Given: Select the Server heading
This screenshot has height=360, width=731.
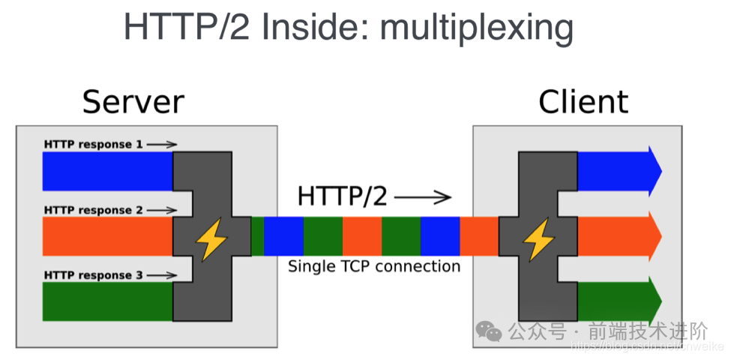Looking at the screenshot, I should coord(133,102).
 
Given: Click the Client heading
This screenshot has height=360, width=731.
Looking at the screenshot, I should coord(583,102).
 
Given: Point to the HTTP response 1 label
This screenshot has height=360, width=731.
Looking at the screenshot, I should coord(93,144).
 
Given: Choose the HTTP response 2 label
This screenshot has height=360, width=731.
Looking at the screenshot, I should coord(93,210).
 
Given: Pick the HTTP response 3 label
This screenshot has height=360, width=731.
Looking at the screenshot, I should coord(93,275).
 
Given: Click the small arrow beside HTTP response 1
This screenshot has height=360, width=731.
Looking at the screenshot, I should coord(162,144).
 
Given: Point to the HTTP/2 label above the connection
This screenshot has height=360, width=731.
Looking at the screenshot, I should coord(343,196).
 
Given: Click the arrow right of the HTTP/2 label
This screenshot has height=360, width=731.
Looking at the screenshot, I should coord(423,197).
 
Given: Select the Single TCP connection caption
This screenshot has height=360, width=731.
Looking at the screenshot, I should coord(374,266).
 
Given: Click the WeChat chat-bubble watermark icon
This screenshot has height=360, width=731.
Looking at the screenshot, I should coord(491,331).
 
